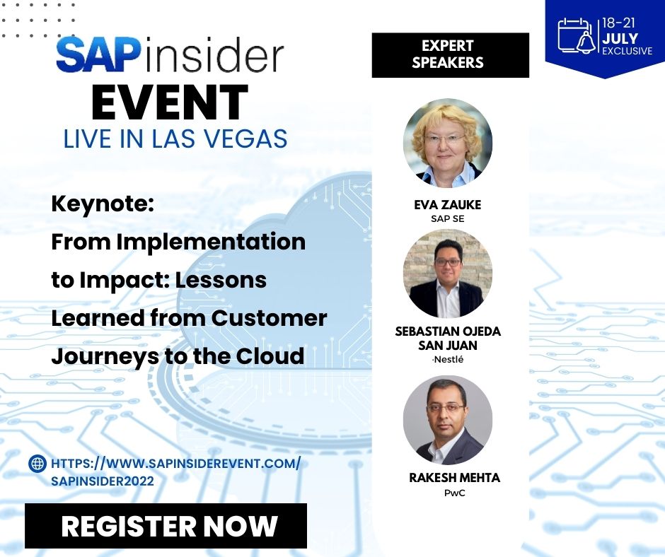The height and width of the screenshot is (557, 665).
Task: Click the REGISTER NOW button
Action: (x=166, y=526)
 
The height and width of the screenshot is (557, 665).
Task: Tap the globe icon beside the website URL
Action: (x=37, y=464)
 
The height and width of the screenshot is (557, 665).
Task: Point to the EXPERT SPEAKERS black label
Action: (x=450, y=54)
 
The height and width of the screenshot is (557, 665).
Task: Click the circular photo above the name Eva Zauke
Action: (x=447, y=143)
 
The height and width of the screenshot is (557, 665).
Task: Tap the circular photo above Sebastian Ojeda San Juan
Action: (x=447, y=273)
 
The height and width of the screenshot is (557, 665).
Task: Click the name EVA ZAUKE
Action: (x=447, y=205)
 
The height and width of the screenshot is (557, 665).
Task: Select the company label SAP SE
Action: (x=447, y=218)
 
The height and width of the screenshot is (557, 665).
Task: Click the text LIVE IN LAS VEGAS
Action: (x=175, y=139)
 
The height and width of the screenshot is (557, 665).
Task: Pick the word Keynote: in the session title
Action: (x=102, y=205)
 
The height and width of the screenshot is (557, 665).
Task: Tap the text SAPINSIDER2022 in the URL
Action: (x=103, y=481)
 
